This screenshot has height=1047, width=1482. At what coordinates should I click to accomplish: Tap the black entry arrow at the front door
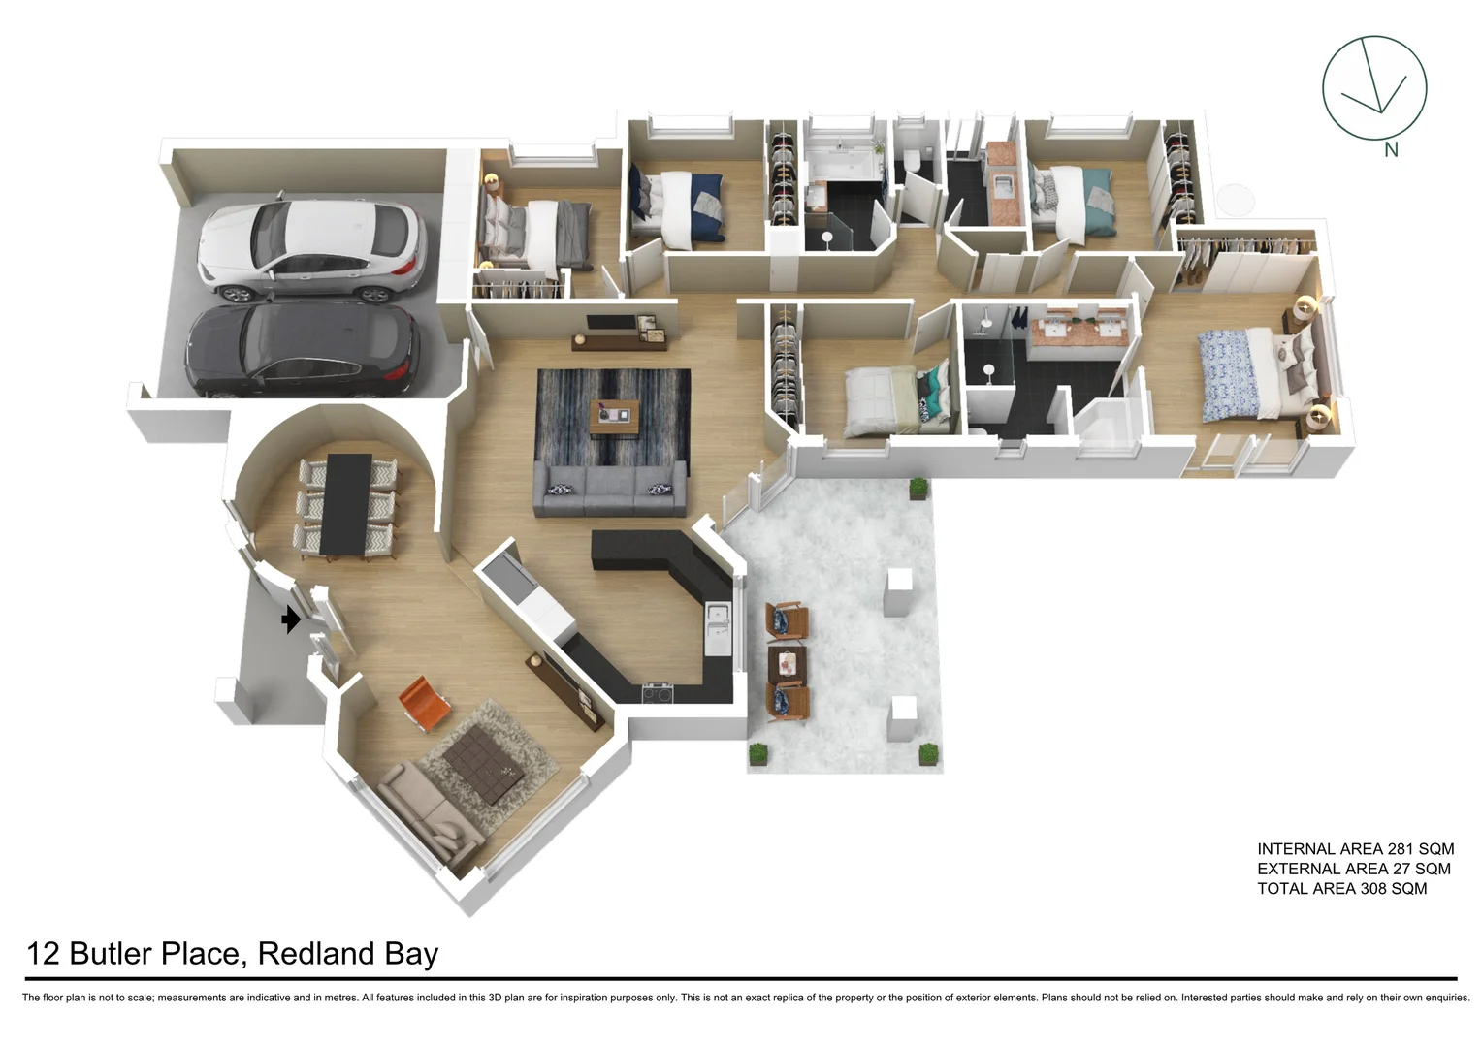(290, 619)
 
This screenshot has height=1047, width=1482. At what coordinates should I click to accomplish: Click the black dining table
(346, 504)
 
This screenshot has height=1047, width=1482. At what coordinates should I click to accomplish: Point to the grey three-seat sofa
(610, 489)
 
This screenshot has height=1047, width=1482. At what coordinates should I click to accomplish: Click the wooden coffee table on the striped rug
(616, 417)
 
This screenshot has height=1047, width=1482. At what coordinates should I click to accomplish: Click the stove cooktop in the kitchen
(658, 692)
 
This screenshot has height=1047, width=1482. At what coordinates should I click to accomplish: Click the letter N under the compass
(1391, 150)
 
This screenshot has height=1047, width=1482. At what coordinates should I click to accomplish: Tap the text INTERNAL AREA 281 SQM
(1355, 849)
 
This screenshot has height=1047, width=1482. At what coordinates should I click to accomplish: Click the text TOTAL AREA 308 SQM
(1341, 888)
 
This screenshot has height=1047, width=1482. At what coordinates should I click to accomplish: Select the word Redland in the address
(316, 954)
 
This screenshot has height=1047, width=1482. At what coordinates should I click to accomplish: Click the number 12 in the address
(44, 954)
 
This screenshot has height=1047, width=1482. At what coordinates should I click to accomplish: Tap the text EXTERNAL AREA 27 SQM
(1353, 869)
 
